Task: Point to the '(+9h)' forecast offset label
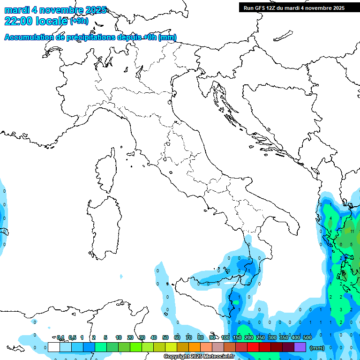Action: pos(79,21)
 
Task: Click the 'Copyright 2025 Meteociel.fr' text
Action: pos(199,357)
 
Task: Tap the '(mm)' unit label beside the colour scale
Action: pos(317,348)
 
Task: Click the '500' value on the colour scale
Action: pos(307,337)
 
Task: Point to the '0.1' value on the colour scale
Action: pos(60,337)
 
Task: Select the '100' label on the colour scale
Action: pos(225,337)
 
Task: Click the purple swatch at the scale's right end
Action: pos(300,347)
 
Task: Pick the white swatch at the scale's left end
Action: pos(54,347)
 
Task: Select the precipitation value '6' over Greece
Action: pos(341,245)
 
